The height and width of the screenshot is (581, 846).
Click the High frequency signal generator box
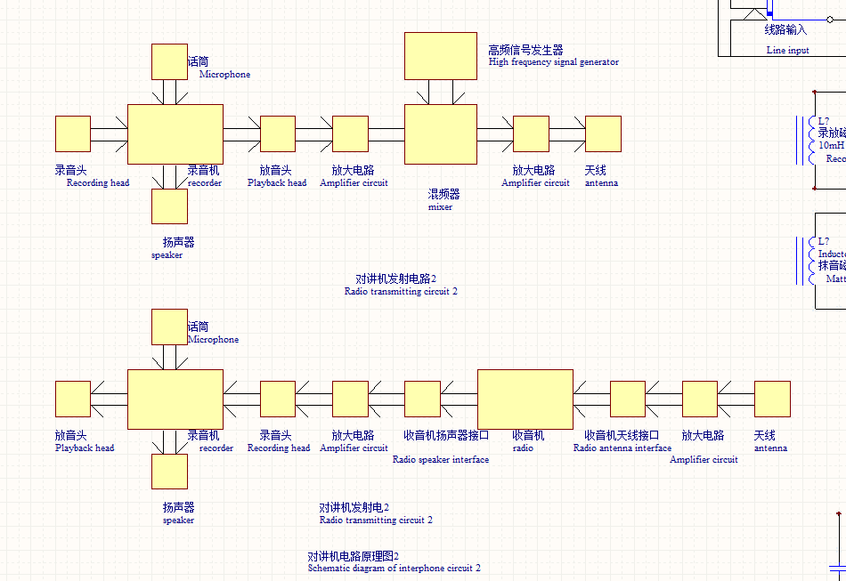click(x=440, y=56)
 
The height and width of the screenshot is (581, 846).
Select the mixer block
click(x=440, y=134)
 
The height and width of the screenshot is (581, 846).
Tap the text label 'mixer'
click(x=440, y=207)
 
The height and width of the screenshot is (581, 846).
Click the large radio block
click(x=525, y=399)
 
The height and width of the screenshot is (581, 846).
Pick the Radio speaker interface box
click(x=422, y=399)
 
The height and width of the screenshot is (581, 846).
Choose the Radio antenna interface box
click(x=627, y=399)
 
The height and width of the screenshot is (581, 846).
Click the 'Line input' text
click(x=787, y=51)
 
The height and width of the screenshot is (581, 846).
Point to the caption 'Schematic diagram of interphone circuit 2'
click(x=394, y=568)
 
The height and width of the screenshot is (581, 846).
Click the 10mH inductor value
click(x=830, y=145)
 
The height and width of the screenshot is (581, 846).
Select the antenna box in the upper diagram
click(x=603, y=134)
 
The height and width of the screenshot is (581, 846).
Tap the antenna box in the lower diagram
click(x=772, y=399)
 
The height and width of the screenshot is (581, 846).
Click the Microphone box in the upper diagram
click(x=169, y=62)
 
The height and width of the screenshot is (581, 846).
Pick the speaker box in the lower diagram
click(x=169, y=472)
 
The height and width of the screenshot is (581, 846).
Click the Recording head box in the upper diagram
click(x=73, y=134)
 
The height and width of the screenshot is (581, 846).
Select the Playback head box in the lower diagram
click(x=73, y=399)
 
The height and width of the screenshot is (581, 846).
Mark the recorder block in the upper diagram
click(x=175, y=134)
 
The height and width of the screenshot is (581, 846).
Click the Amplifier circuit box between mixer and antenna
click(x=531, y=134)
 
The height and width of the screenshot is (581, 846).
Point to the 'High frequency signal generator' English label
click(x=553, y=62)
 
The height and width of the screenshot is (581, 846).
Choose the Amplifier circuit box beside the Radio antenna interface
click(x=699, y=399)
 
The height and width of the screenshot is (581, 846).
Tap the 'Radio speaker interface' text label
click(x=440, y=460)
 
